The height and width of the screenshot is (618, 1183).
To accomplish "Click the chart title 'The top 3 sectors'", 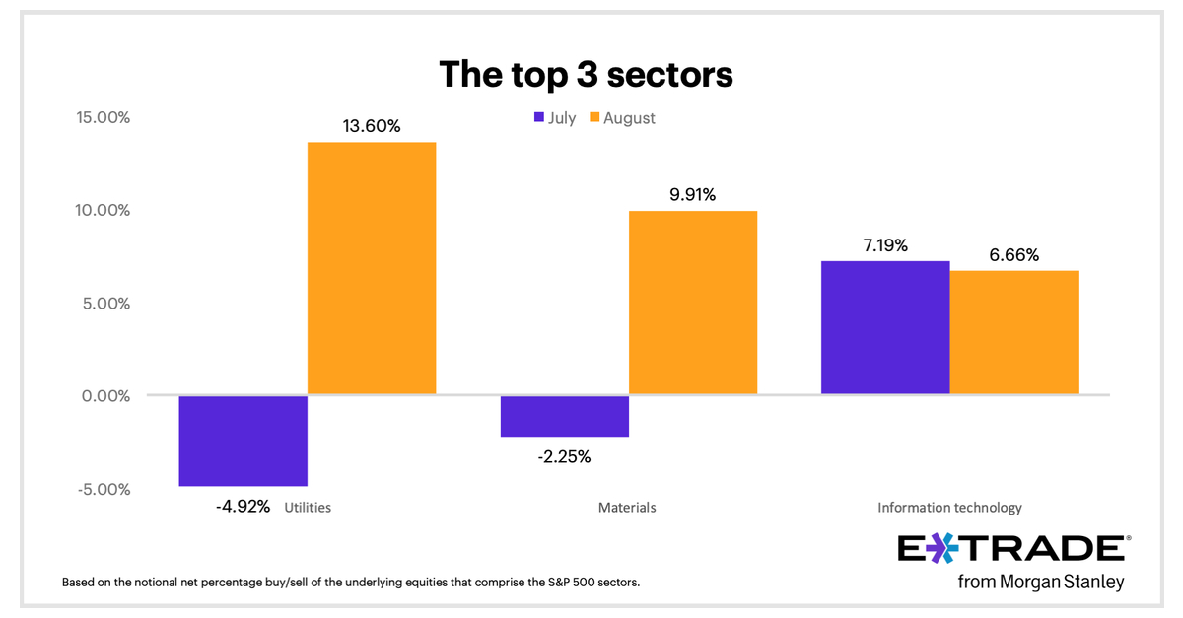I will click(586, 74).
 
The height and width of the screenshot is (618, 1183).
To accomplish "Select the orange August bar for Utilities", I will click(372, 268).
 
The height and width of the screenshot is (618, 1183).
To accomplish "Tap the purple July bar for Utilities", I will click(244, 441).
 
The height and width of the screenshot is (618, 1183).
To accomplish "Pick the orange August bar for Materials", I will click(693, 303).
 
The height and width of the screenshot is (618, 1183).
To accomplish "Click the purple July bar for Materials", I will click(565, 416).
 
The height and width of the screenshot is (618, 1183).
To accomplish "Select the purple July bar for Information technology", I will click(885, 328).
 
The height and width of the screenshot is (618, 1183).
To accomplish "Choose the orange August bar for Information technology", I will click(1013, 333).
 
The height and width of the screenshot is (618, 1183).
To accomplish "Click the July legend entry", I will click(554, 118).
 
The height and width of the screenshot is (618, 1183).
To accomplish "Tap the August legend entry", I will click(622, 118).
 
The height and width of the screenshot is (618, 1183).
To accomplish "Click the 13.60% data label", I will click(371, 126).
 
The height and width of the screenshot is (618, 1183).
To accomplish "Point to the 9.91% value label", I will click(692, 195).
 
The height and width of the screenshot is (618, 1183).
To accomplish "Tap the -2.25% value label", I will click(564, 456).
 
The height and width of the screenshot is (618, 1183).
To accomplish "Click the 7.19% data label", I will click(884, 244).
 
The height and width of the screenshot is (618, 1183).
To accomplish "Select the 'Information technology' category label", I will click(949, 508).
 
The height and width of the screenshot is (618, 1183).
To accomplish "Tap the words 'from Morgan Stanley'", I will click(1040, 583).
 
